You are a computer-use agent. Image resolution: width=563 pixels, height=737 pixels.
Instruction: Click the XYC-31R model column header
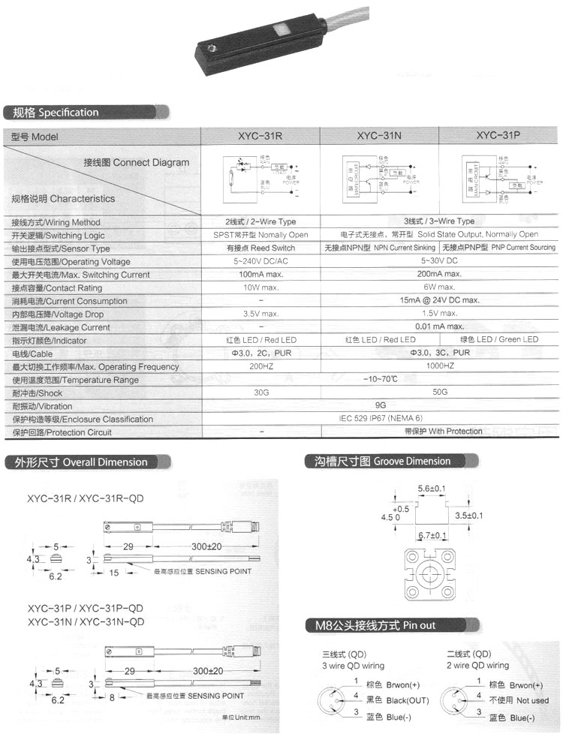[260, 137]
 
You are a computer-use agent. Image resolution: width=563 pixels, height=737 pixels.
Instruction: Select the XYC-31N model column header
[380, 137]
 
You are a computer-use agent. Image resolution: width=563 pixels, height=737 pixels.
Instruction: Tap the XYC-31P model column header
[498, 137]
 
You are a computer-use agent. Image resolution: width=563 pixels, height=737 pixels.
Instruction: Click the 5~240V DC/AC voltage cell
[260, 262]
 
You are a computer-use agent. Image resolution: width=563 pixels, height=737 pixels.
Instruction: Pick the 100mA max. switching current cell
[260, 275]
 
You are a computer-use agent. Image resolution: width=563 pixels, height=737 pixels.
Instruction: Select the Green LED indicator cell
[499, 340]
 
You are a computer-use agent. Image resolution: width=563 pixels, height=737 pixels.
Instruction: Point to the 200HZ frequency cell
[260, 366]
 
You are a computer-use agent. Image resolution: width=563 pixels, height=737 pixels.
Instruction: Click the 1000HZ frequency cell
[439, 366]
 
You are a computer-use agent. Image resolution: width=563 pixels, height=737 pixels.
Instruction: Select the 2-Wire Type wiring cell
[260, 222]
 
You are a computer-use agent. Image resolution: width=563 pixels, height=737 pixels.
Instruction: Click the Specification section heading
[52, 113]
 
